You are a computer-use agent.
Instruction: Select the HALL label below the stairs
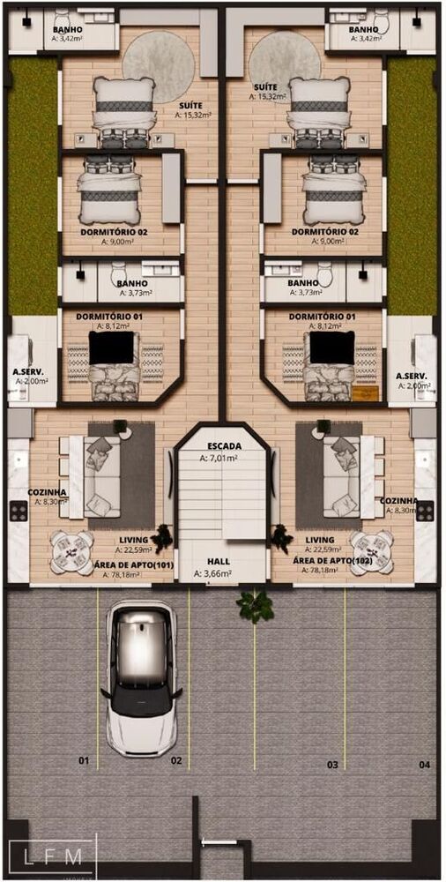click(x=219, y=561)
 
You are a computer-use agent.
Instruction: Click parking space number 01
click(x=84, y=759)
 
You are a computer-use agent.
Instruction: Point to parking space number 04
click(x=425, y=764)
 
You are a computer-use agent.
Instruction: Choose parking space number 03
click(x=332, y=765)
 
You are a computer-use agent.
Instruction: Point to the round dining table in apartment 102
click(x=371, y=552)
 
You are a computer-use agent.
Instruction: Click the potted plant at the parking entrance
click(x=255, y=605)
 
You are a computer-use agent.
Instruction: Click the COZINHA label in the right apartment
click(x=399, y=500)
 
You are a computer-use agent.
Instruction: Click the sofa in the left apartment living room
click(x=100, y=476)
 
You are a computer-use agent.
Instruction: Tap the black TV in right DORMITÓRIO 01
click(x=331, y=348)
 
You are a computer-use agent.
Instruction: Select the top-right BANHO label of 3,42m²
click(x=363, y=29)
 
